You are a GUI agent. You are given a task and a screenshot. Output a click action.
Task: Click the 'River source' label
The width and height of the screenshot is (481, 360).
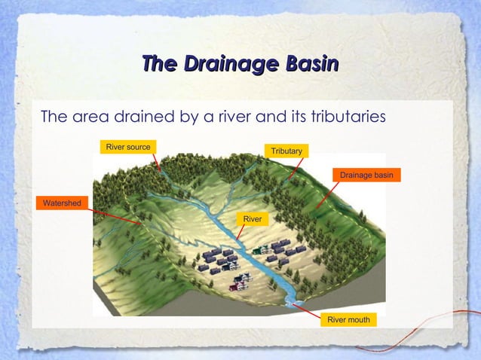coord(127,146)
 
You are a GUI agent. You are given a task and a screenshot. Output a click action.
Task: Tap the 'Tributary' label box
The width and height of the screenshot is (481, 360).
coord(286,152)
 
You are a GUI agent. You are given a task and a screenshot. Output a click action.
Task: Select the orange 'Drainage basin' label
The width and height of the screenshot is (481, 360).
coord(366,175)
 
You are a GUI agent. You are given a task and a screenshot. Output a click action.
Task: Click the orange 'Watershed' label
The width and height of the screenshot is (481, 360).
coord(60,203)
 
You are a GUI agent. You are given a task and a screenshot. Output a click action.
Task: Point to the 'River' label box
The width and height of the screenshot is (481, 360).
coord(252,218)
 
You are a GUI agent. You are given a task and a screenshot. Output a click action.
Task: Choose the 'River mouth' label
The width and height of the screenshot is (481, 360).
coord(348,320)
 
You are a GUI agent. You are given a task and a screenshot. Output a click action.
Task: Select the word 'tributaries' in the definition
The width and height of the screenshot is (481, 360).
coord(348,117)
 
